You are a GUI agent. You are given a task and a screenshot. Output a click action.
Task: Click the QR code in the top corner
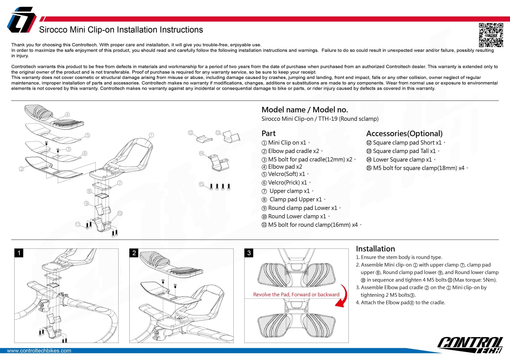(491, 35)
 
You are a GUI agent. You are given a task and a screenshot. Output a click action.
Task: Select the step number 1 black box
(19, 253)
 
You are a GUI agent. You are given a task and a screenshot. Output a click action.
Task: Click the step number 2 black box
(134, 253)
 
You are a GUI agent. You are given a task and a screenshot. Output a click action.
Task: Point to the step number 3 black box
(249, 253)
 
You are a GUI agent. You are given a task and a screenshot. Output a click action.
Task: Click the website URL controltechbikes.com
(39, 351)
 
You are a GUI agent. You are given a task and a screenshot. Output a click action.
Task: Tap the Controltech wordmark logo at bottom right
(470, 345)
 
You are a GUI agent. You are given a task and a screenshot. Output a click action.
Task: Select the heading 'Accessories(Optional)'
(404, 134)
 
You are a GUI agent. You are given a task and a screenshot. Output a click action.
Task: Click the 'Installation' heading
(375, 249)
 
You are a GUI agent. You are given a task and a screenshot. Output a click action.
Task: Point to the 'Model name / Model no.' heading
(305, 110)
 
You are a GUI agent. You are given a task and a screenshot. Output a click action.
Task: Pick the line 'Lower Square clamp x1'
(402, 160)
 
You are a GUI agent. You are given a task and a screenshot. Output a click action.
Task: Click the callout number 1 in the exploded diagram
(151, 135)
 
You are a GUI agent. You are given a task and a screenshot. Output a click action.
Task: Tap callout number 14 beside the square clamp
(201, 153)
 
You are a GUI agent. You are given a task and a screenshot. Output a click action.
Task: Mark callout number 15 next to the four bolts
(201, 184)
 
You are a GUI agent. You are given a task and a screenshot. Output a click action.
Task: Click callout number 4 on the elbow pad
(67, 115)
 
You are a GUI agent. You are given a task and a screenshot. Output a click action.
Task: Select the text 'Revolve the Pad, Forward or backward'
(296, 295)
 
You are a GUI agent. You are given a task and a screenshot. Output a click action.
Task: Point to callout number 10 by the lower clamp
(120, 213)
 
